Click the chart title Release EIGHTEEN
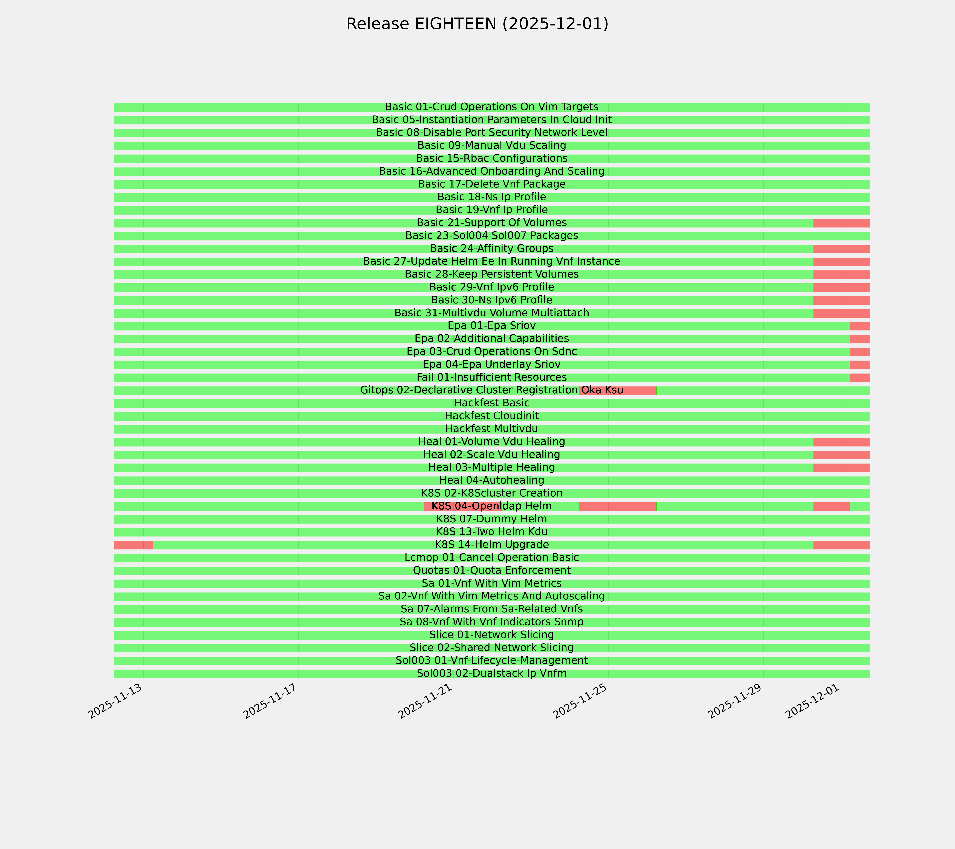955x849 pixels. [x=477, y=24]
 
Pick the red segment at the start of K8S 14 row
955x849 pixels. [x=133, y=545]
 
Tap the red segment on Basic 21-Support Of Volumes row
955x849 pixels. [x=841, y=223]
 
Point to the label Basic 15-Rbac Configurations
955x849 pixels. [x=491, y=158]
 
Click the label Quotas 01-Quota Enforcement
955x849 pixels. [x=491, y=571]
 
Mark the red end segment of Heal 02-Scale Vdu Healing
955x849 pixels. [x=841, y=455]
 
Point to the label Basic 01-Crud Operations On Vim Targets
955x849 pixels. [x=491, y=107]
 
